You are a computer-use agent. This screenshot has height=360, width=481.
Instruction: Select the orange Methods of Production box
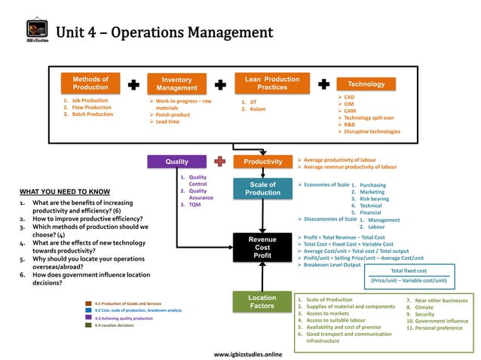[90, 83]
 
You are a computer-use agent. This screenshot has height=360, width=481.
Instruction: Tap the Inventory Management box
[177, 84]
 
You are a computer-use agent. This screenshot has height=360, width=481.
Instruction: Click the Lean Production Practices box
[272, 83]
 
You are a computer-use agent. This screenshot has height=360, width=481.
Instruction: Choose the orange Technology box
[366, 84]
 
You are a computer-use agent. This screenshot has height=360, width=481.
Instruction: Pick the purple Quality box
[176, 161]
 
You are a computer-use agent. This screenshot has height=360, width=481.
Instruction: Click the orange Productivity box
[262, 161]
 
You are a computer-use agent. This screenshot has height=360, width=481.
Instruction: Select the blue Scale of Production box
[262, 188]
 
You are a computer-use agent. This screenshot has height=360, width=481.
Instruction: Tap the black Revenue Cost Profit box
[262, 247]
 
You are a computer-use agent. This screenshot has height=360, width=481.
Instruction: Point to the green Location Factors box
[262, 302]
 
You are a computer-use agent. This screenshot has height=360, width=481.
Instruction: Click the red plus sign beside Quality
[219, 161]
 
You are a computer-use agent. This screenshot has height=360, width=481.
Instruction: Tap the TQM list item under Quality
[195, 205]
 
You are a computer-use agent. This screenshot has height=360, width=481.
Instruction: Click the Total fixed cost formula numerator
[409, 270]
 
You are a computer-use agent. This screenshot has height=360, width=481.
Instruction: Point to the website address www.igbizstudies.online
[248, 353]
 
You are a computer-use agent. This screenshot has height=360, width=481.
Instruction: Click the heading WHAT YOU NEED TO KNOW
[65, 191]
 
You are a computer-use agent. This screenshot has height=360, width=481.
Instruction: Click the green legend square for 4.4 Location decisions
[88, 325]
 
